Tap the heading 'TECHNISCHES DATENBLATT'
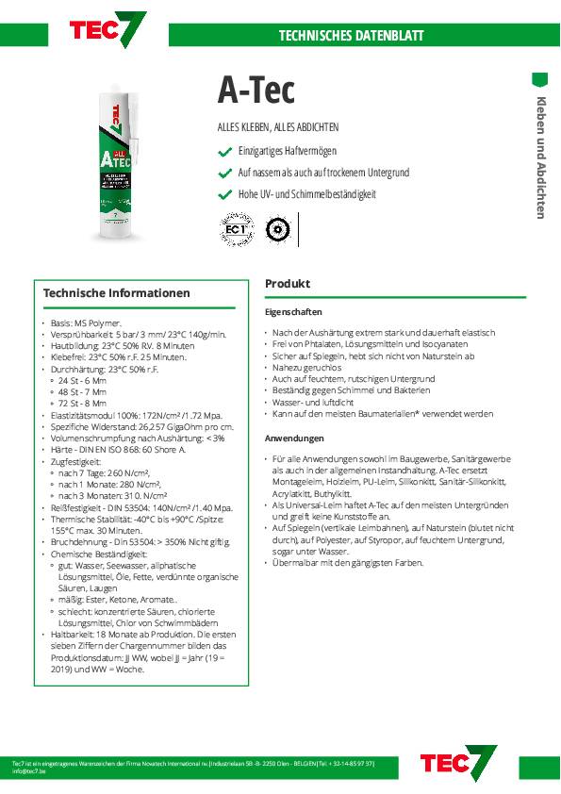point(351,36)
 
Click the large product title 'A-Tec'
point(256,91)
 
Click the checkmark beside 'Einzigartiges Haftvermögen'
point(224,152)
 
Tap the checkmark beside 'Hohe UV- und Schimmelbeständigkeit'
point(224,194)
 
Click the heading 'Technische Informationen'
point(117,293)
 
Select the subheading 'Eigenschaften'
point(293,311)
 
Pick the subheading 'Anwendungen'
point(294,438)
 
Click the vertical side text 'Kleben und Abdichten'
point(541,157)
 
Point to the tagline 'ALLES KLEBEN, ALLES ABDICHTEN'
point(278,127)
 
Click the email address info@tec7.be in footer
point(31,770)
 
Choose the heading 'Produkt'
point(288,284)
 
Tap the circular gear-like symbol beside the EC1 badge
point(276,229)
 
